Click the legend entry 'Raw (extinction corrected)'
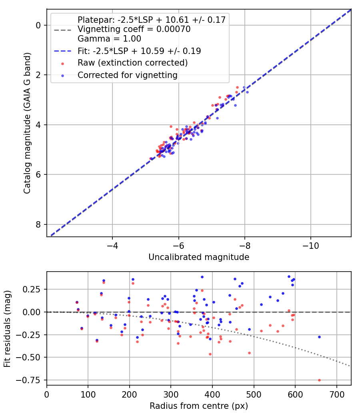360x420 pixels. pos(132,63)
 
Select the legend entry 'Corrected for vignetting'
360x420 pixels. pos(127,75)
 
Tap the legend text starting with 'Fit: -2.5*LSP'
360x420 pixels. pos(139,51)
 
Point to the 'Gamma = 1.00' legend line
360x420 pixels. pos(109,39)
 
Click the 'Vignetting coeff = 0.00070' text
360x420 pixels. pos(134,29)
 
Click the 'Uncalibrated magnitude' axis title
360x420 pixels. pos(199,257)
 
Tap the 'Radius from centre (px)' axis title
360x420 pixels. pos(199,406)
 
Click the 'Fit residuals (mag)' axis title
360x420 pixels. pos(8,328)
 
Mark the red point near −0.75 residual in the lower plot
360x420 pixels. pos(319,380)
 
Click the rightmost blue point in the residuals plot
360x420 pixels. pos(319,337)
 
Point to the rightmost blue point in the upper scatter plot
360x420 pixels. pos(247,92)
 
